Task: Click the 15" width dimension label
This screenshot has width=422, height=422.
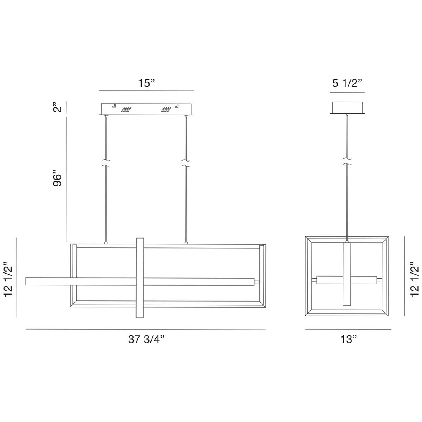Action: pyautogui.click(x=146, y=83)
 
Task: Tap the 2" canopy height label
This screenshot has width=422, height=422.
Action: pyautogui.click(x=58, y=107)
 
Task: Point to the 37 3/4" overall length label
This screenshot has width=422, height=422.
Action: pyautogui.click(x=146, y=339)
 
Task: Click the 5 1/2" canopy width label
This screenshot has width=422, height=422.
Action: pyautogui.click(x=348, y=83)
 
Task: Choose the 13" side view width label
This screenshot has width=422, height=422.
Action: pyautogui.click(x=348, y=339)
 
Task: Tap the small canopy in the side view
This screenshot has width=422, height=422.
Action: pyautogui.click(x=348, y=107)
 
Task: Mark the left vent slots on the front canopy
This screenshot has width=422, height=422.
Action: pyautogui.click(x=126, y=109)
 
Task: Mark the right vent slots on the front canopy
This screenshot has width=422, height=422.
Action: pyautogui.click(x=166, y=109)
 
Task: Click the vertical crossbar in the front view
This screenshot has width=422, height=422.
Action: pyautogui.click(x=140, y=278)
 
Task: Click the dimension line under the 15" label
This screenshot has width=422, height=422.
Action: pyautogui.click(x=146, y=91)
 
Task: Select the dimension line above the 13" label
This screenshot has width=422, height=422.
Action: pyautogui.click(x=348, y=329)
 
